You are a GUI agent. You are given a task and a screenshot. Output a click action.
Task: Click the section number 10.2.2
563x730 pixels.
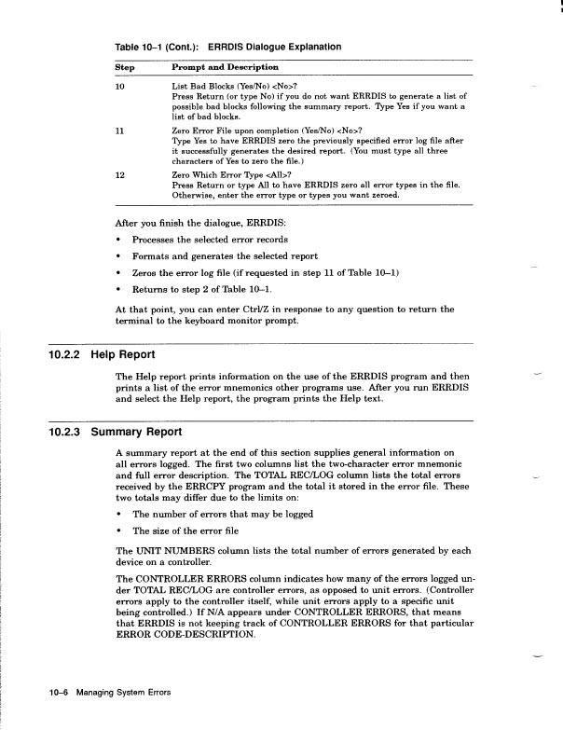[68, 354]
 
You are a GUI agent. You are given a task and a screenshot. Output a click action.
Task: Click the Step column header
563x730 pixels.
[124, 67]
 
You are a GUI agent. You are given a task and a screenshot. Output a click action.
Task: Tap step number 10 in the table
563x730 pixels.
[119, 86]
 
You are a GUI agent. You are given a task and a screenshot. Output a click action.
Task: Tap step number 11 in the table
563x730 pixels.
[119, 131]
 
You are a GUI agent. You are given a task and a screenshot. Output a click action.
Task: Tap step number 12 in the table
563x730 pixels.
[119, 174]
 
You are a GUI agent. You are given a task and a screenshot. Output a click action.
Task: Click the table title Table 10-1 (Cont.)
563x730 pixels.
[156, 46]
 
